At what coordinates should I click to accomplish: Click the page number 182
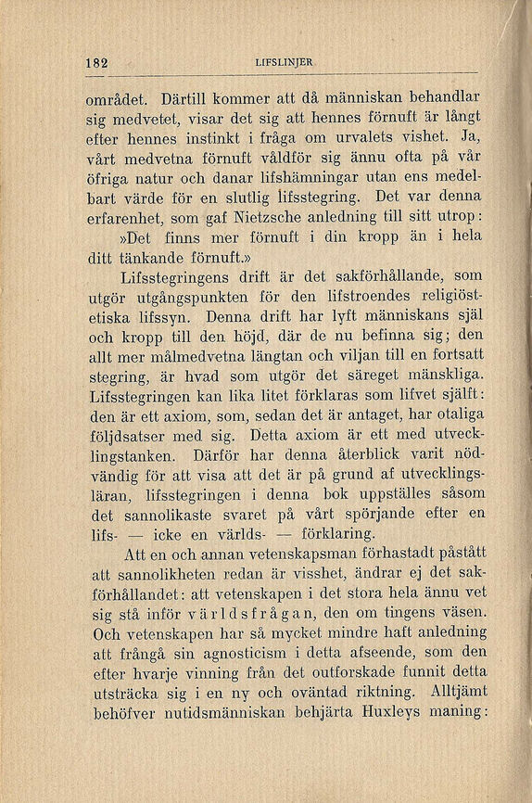[x=96, y=63]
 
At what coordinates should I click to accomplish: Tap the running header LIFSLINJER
[x=284, y=63]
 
